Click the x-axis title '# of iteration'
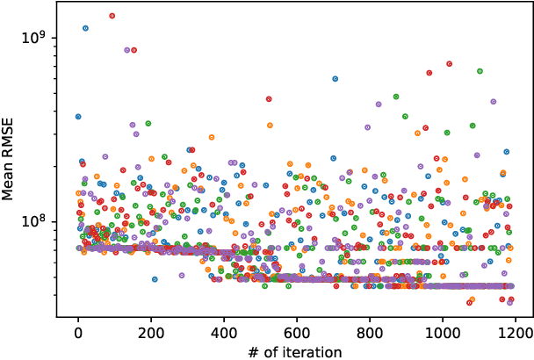pos(293,352)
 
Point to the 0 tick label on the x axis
pos(78,333)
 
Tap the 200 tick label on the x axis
pos(151,333)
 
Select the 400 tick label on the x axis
pos(224,333)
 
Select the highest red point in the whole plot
pos(112,16)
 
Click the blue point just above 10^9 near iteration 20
pos(85,28)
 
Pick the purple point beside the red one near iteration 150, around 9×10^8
pos(127,50)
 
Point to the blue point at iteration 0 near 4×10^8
pos(78,116)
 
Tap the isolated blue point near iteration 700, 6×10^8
pos(335,79)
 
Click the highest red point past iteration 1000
pos(449,64)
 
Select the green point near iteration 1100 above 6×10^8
pos(480,71)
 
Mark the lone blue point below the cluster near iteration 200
pos(155,279)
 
